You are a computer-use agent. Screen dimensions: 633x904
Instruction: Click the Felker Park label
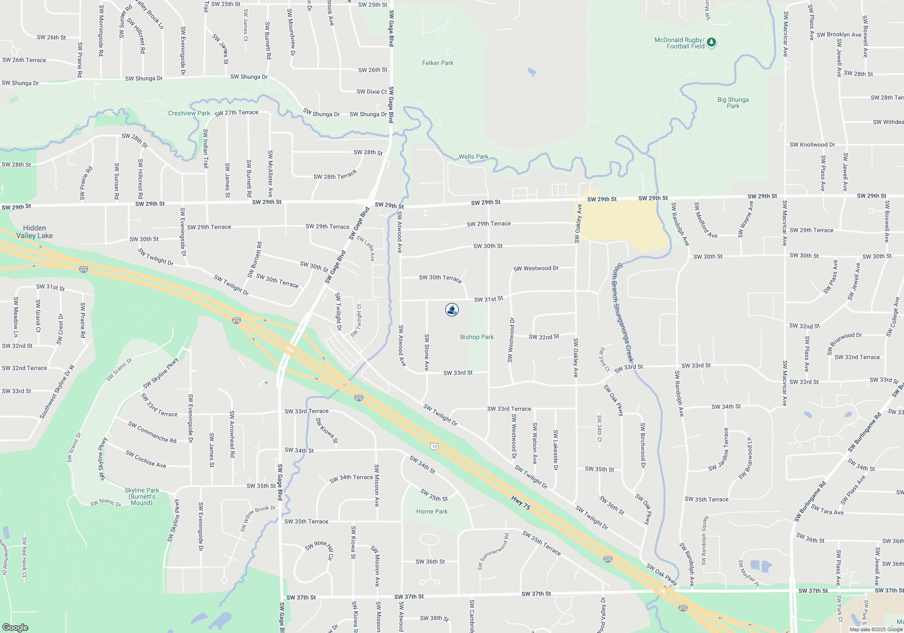(438, 63)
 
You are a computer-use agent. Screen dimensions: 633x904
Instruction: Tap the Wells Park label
(473, 156)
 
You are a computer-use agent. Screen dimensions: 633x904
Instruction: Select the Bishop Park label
(477, 337)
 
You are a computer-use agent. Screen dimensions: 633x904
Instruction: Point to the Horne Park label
(432, 511)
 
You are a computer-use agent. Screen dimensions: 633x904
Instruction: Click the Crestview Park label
(189, 113)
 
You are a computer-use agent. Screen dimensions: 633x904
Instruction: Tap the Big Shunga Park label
(733, 103)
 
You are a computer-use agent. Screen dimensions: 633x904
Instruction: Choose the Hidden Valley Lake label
(34, 231)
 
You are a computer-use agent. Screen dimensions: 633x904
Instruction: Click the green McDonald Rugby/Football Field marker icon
(711, 43)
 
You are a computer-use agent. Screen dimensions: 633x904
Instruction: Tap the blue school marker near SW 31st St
(452, 310)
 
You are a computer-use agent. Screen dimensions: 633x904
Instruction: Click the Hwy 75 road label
(521, 503)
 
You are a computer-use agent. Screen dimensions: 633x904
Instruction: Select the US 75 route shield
(434, 446)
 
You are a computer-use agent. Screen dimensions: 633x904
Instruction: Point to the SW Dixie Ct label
(372, 92)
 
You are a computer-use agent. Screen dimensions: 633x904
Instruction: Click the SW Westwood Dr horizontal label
(536, 268)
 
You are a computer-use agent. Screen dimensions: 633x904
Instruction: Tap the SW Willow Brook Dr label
(258, 518)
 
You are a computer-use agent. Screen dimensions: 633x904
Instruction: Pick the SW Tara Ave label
(827, 510)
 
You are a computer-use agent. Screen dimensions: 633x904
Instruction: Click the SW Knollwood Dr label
(812, 145)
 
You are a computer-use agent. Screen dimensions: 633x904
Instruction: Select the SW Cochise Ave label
(146, 459)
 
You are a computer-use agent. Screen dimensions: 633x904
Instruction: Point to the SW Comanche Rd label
(152, 432)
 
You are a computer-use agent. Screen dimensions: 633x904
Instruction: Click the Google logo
(15, 628)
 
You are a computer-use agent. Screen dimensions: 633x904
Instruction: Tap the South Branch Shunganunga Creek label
(623, 312)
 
